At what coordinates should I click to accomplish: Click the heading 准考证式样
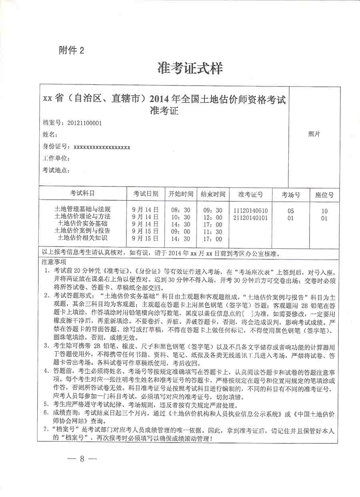(190, 68)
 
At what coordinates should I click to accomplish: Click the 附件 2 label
(72, 50)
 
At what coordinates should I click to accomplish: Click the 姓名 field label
(50, 135)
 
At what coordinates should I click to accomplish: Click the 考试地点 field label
(56, 170)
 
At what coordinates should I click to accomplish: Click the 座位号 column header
(324, 195)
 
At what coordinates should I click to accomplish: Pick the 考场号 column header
(291, 195)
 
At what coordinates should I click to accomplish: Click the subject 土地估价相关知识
(84, 238)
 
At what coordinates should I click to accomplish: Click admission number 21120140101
(250, 218)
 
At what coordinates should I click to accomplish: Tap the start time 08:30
(181, 210)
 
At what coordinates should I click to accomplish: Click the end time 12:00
(213, 217)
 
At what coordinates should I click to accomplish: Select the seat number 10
(324, 211)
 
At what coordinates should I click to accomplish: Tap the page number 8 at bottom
(82, 459)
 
